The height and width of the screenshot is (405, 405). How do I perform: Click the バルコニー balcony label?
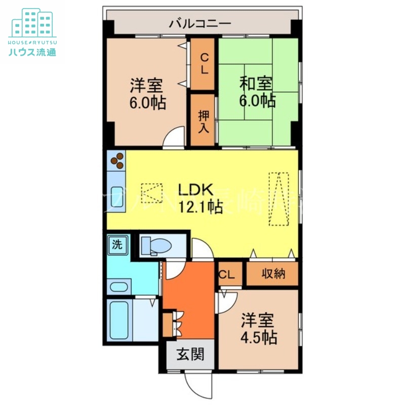pyautogui.click(x=200, y=23)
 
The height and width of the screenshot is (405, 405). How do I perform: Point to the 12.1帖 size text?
pyautogui.click(x=199, y=207)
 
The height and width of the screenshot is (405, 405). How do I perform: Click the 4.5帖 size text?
pyautogui.click(x=258, y=337)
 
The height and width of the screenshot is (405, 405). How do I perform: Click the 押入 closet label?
pyautogui.click(x=203, y=120)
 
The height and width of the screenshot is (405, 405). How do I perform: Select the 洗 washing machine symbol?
pyautogui.click(x=117, y=246)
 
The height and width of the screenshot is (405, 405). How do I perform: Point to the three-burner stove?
pyautogui.click(x=117, y=160)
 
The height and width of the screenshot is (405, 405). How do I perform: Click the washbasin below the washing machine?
pyautogui.click(x=119, y=287)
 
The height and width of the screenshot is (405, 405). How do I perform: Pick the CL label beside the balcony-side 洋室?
pyautogui.click(x=203, y=64)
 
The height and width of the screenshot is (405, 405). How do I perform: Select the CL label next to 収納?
pyautogui.click(x=227, y=274)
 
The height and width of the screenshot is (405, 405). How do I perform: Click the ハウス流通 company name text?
pyautogui.click(x=31, y=52)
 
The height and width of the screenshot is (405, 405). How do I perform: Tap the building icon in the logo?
pyautogui.click(x=32, y=23)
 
